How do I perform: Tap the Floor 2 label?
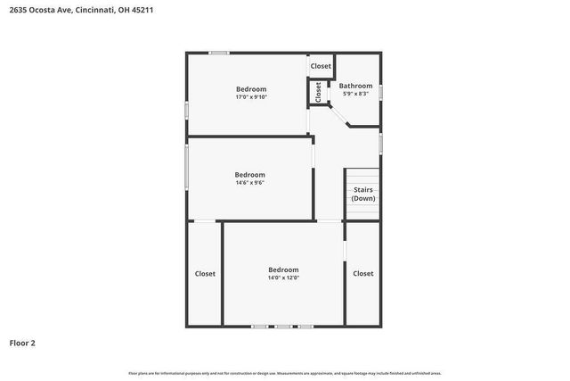point(22,342)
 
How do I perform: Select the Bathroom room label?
point(355,86)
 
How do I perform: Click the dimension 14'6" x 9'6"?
point(249,182)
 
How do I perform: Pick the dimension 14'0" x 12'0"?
point(283,277)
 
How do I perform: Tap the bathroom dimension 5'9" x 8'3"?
point(355,94)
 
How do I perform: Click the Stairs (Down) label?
point(362,194)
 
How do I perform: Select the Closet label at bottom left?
point(205,274)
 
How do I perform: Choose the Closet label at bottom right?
point(362,274)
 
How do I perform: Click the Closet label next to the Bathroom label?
point(321,66)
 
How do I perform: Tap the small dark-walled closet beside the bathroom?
point(316,91)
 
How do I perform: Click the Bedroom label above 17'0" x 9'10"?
point(251,88)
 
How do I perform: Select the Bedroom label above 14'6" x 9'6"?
point(249,174)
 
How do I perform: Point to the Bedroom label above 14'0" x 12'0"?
point(283,269)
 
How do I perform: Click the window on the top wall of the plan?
point(219,54)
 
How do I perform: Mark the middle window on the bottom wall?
point(282,326)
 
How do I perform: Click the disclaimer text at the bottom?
point(284,373)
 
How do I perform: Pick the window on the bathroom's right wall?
point(381,92)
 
